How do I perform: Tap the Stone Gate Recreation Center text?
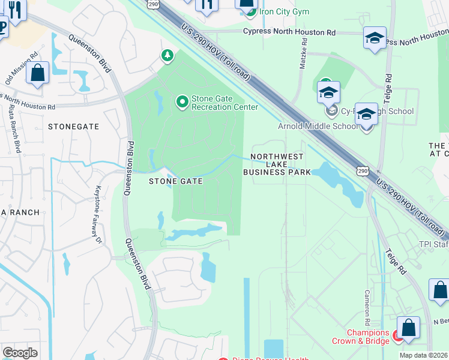point(224,103)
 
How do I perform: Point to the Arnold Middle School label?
point(319,126)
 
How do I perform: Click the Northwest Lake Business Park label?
point(277,164)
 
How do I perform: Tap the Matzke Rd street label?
point(304,55)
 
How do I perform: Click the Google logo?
point(20,353)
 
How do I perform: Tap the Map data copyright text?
point(424,355)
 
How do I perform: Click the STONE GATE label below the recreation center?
point(175,181)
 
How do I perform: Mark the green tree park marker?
point(167,56)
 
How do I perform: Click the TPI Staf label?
point(433,245)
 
